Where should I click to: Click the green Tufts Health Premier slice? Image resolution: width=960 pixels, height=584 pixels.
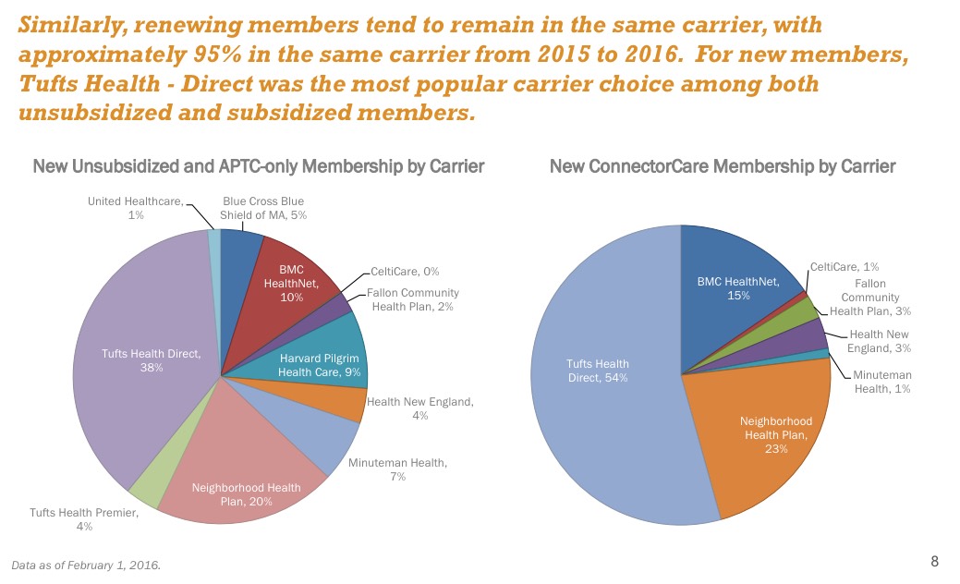(146, 489)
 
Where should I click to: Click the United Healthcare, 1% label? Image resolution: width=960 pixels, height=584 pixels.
(136, 208)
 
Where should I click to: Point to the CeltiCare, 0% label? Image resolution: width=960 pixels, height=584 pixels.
(405, 272)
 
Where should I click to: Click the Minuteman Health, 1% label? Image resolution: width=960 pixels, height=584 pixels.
(881, 383)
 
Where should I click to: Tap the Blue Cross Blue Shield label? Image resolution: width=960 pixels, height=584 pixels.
(263, 208)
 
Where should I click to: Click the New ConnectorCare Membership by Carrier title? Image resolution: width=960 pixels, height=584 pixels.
(723, 167)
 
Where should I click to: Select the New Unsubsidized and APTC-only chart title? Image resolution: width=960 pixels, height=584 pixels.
(259, 167)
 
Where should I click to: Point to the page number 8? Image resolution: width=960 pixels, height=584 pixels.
(934, 562)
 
